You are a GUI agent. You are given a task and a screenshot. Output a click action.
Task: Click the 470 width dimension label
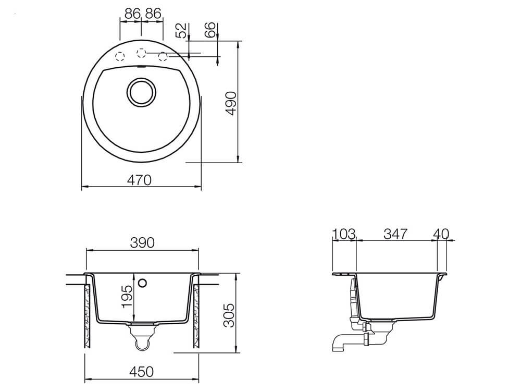[x=139, y=180]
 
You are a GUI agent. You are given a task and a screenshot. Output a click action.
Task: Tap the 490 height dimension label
[x=231, y=103]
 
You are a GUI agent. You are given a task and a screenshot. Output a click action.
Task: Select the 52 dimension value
[x=181, y=31]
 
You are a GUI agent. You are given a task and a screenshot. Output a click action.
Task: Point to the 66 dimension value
[x=210, y=30]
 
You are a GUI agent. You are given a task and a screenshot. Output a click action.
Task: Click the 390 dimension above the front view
[x=142, y=243]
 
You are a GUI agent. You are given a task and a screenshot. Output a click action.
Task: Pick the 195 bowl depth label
[x=127, y=297]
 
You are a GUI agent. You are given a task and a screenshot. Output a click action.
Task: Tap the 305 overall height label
[x=229, y=315]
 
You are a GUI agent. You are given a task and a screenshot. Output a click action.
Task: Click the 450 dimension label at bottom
[x=142, y=371]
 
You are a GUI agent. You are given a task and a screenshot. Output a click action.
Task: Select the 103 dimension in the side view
[x=344, y=234]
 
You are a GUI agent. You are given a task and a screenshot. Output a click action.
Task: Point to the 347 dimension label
[x=395, y=234]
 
